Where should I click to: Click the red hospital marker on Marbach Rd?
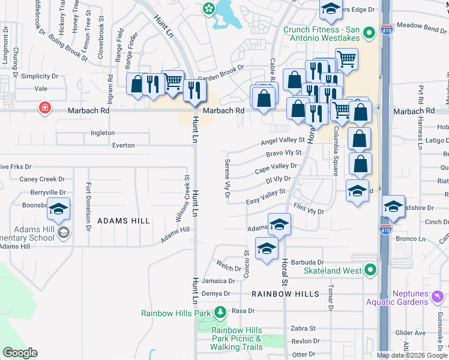pos(44,109)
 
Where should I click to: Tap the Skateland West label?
pos(332,271)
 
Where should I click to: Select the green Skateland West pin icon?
pos(370,271)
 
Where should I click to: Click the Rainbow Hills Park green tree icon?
pos(220,313)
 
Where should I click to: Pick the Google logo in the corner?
pos(20,353)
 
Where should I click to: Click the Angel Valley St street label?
pos(283,141)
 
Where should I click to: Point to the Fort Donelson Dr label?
pos(88,206)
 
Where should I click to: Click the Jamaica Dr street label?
pos(218,281)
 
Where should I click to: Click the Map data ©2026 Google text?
pos(412,355)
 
